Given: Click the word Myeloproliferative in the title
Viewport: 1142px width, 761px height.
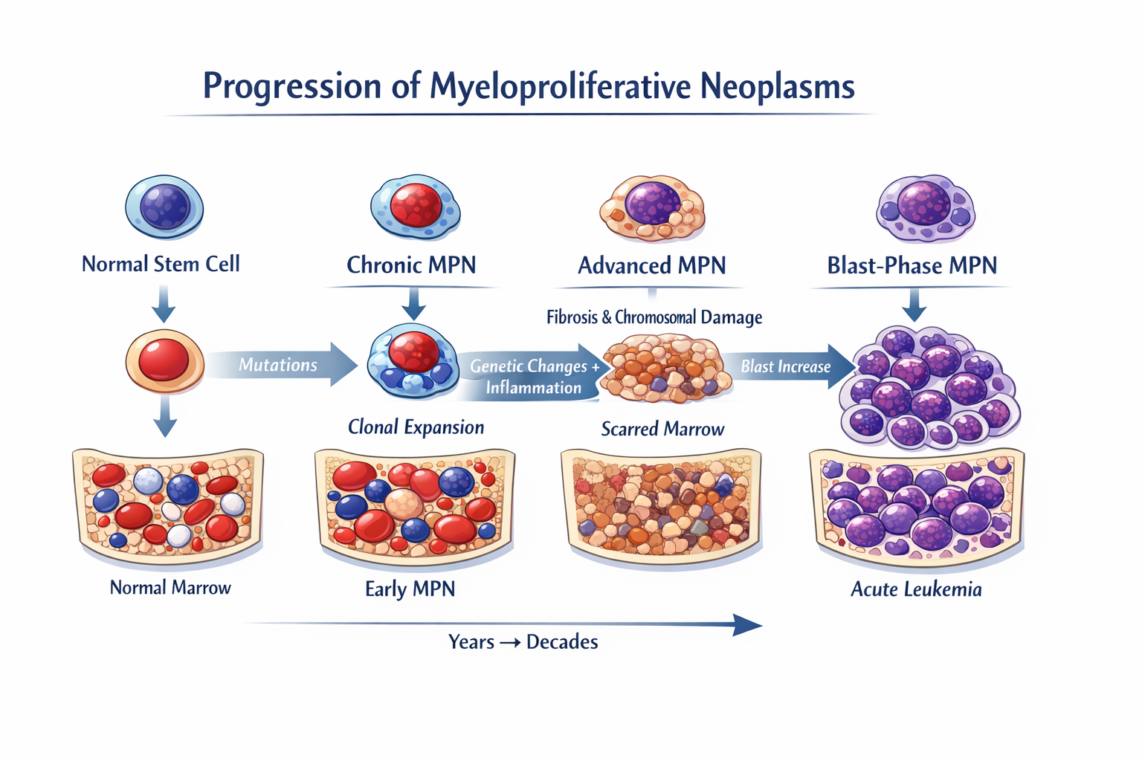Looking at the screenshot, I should point(560,86).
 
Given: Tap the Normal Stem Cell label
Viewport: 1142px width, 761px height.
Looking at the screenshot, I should point(161,264).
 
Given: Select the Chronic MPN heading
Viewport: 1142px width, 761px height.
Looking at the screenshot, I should point(411,265).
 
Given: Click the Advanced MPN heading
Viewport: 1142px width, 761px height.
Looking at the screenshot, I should point(651,265).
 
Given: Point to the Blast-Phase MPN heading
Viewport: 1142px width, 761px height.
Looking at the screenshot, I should point(912,265).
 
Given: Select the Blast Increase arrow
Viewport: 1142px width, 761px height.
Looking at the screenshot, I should point(788,366).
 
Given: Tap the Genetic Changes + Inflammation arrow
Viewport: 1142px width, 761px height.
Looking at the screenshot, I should point(532,377).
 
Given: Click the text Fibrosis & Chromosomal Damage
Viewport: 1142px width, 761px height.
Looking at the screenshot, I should point(654,317).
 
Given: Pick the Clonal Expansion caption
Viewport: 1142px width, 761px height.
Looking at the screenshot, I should point(416,427).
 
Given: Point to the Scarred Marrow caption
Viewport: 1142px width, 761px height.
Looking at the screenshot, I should point(662,429).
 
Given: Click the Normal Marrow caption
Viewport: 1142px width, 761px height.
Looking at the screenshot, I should point(170,588).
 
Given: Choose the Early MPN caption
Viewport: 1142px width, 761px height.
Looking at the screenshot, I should point(410,589).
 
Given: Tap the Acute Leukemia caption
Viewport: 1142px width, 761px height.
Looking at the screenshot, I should point(916,589).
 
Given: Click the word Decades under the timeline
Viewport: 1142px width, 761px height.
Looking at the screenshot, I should point(562,642).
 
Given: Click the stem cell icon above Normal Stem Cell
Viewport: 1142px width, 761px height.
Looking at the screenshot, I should point(164,207).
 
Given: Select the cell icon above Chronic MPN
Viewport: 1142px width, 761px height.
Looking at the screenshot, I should point(415,207).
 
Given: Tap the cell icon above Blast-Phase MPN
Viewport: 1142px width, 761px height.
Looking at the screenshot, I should point(925,207).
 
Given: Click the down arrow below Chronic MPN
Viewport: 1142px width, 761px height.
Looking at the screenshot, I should point(413,304).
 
